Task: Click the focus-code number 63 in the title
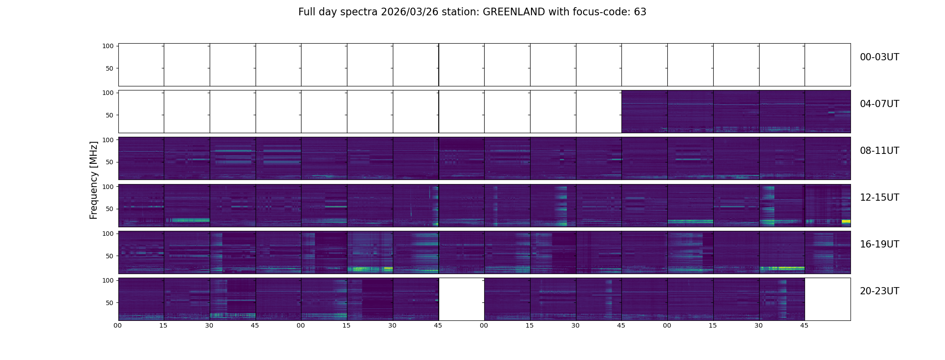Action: click(x=640, y=12)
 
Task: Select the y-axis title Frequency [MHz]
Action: click(x=94, y=180)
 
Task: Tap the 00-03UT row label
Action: click(x=879, y=57)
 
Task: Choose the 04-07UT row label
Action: click(x=879, y=104)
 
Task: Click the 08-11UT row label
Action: click(x=879, y=151)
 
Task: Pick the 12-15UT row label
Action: click(x=879, y=198)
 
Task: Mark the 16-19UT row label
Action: click(x=879, y=244)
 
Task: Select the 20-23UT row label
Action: click(x=879, y=291)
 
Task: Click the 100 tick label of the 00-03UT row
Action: click(x=108, y=46)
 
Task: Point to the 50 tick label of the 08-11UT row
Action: click(x=109, y=162)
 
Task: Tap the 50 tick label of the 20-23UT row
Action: click(x=109, y=303)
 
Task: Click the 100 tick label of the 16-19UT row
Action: click(x=108, y=234)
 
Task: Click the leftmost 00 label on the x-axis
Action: click(x=118, y=325)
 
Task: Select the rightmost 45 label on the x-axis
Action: click(x=804, y=325)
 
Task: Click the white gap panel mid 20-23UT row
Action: click(x=461, y=299)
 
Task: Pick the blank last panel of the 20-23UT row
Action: click(x=828, y=299)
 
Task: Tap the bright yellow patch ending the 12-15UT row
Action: click(x=846, y=221)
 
